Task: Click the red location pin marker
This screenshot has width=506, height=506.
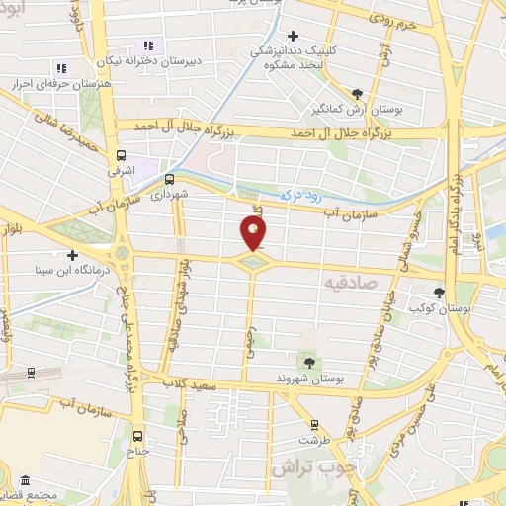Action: (254, 232)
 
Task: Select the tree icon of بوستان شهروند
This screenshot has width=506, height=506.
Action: (306, 360)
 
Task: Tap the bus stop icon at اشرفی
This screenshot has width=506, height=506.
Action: (122, 155)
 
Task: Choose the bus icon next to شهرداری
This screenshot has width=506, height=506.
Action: (169, 179)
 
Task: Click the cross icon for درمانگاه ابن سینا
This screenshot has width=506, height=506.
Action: (72, 255)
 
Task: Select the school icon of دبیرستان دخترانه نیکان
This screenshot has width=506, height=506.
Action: (148, 45)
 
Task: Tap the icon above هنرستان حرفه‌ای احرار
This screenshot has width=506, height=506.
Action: (60, 68)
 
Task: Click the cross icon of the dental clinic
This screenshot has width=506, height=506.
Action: (294, 36)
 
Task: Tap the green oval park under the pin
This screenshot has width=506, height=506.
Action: (254, 261)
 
